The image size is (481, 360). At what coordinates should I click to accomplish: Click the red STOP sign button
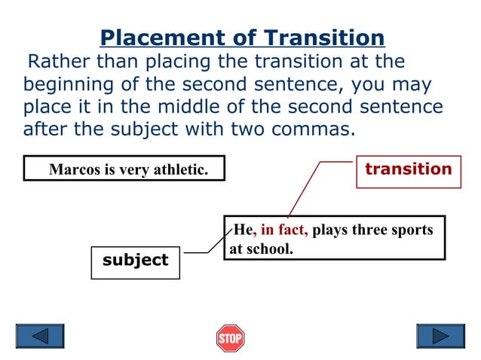pos(230,338)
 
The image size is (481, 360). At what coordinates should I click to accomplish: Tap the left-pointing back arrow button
pos(40,336)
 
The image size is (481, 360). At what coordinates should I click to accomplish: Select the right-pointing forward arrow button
pos(440,336)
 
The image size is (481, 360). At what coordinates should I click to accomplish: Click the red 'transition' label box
pos(408,169)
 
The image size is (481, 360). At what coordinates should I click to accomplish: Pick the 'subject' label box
pos(136,261)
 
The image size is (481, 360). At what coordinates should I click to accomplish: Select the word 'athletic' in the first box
pos(179,169)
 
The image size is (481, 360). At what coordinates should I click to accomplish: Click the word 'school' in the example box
pos(271,249)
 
